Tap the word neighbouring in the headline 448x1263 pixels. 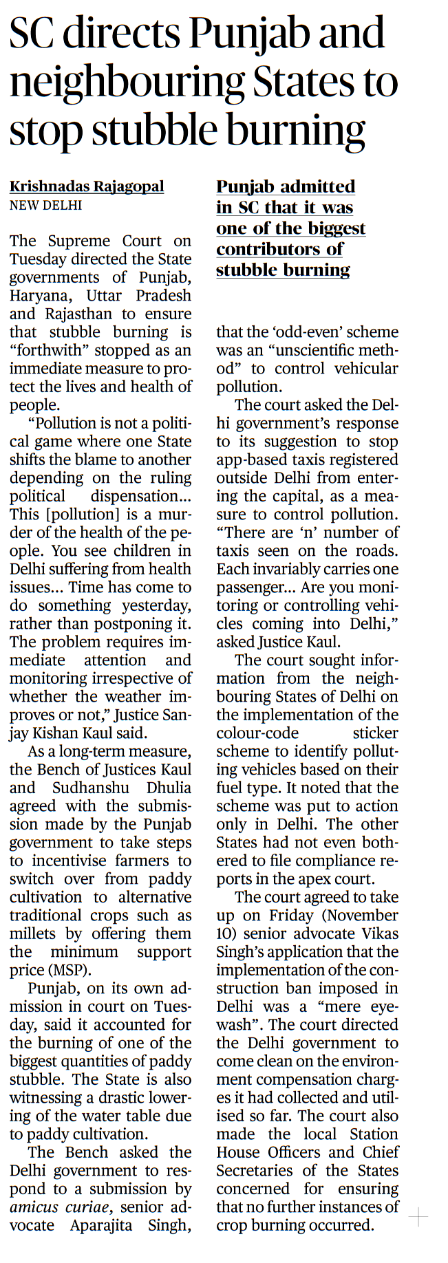(127, 83)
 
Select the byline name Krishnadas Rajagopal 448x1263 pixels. (87, 186)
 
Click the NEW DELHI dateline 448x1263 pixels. (45, 205)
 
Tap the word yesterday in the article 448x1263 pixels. (156, 605)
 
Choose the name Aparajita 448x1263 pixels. (100, 1225)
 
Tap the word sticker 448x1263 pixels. (375, 733)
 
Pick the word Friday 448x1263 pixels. (291, 916)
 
